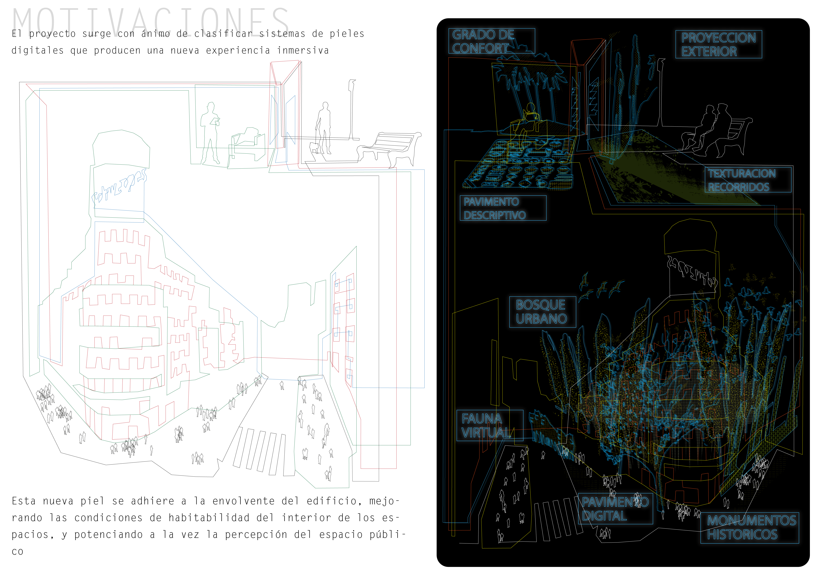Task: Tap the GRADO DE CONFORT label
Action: [x=491, y=41]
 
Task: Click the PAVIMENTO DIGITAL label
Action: [x=615, y=509]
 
